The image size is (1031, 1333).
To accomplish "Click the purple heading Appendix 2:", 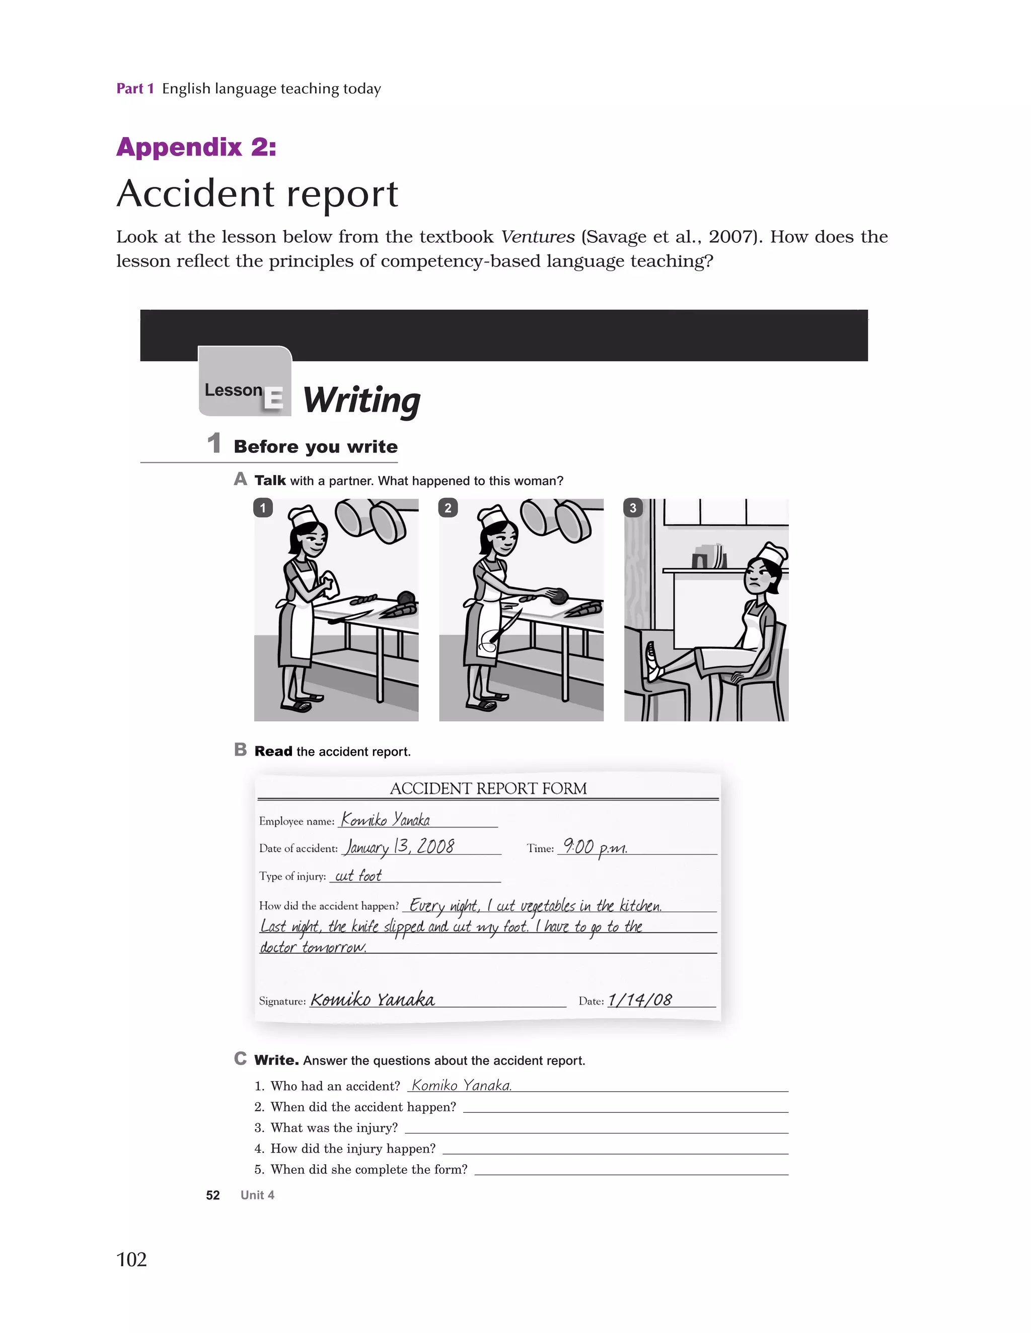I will click(196, 147).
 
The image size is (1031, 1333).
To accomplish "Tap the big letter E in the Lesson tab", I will click(273, 398).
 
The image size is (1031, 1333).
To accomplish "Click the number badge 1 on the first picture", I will click(263, 508).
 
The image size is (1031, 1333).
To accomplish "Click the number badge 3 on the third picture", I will click(633, 508).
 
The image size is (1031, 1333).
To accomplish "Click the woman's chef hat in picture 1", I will click(303, 517).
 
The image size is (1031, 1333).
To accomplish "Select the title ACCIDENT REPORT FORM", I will click(488, 788).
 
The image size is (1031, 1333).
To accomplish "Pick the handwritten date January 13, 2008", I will click(400, 847).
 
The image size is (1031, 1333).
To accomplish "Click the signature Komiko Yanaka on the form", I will click(372, 999).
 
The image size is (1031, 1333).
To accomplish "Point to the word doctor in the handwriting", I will click(279, 947).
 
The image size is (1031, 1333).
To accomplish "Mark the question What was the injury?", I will click(334, 1128).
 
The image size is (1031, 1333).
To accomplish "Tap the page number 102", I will click(131, 1259).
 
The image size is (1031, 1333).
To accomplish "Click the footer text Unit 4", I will click(257, 1195).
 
